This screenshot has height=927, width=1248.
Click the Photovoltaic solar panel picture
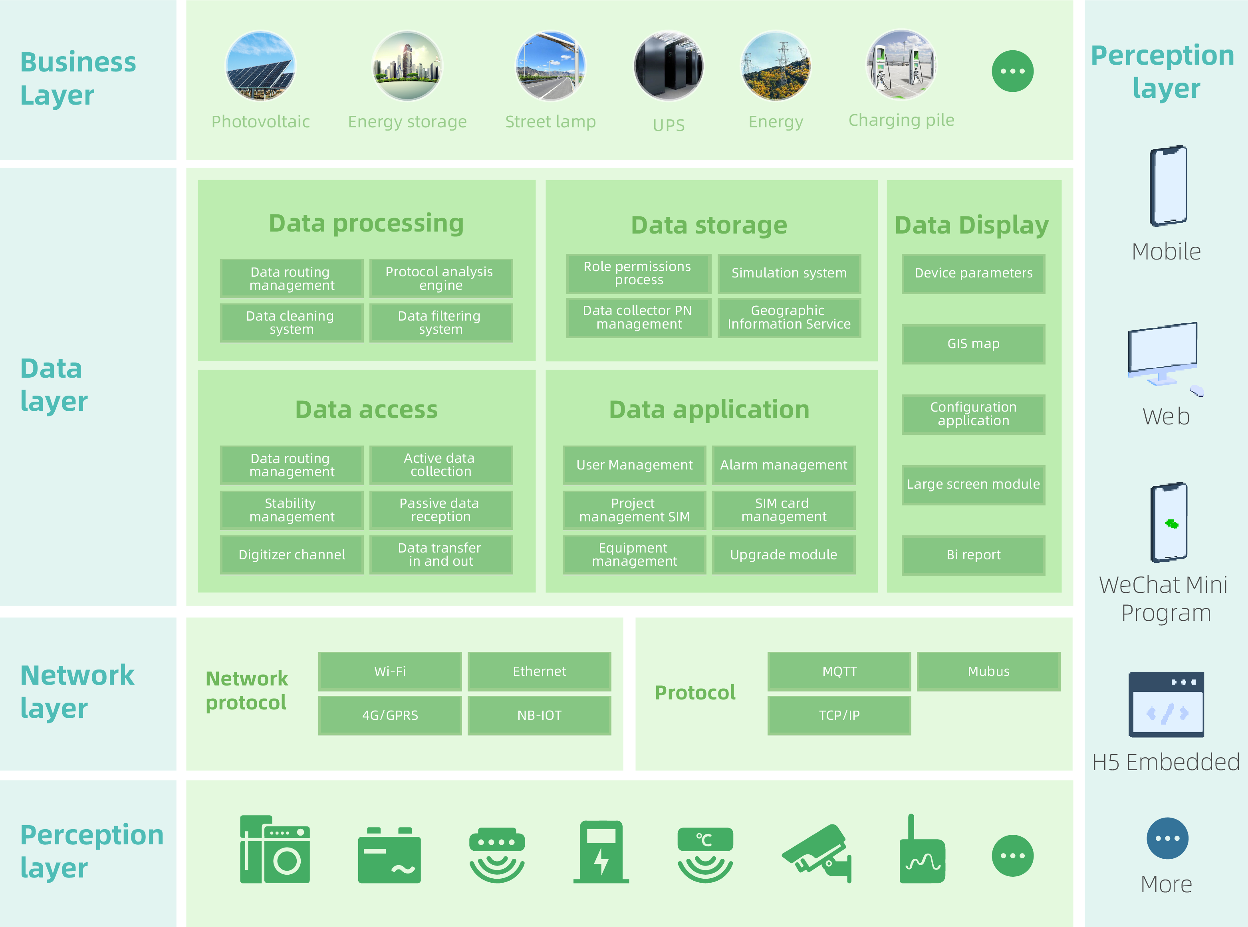tap(260, 66)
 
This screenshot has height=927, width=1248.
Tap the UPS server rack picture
tap(668, 66)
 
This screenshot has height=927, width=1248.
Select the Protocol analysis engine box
tap(441, 278)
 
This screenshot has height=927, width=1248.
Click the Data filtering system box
tap(441, 323)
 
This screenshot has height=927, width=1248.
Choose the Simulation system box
tap(789, 273)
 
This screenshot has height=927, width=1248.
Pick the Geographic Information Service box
tap(789, 318)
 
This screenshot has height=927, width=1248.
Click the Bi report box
tap(973, 555)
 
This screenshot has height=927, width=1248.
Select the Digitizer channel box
tap(292, 555)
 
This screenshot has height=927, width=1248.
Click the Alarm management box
tap(783, 465)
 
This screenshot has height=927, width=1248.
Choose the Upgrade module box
tap(783, 555)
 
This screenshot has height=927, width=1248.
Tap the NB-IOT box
tap(539, 715)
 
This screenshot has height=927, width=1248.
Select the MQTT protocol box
tap(839, 671)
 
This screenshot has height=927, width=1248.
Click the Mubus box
tap(988, 671)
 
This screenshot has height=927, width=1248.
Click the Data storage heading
tap(709, 226)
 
